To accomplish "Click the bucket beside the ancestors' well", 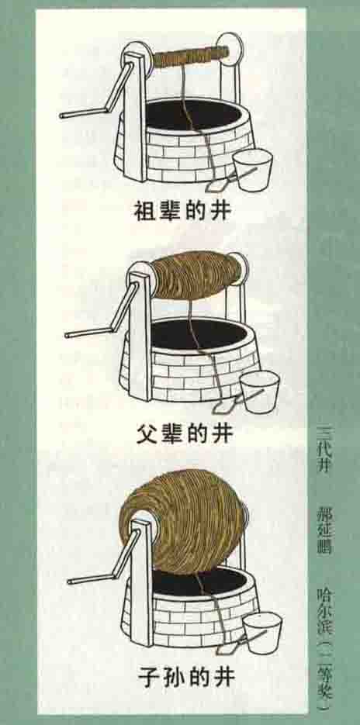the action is [x=251, y=169].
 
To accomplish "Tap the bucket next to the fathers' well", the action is [x=259, y=393].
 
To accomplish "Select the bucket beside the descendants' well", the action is [x=262, y=633].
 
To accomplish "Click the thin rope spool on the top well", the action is [x=190, y=56].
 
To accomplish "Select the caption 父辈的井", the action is [x=185, y=433].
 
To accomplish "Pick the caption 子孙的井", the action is [x=187, y=678].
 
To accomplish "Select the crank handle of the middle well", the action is [x=104, y=313].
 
